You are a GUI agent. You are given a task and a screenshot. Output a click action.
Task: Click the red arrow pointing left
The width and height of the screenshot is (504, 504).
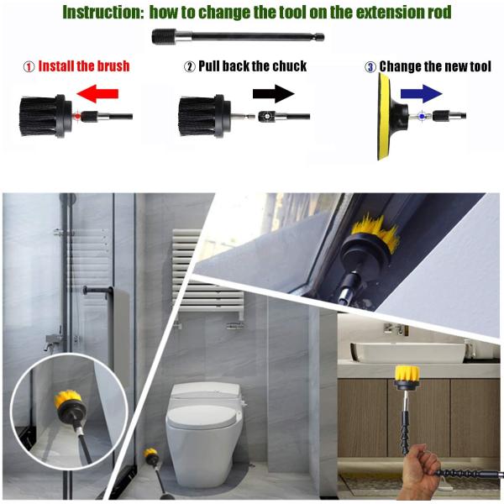[97, 93]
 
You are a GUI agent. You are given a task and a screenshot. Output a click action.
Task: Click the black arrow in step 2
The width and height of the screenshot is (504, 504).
[273, 93]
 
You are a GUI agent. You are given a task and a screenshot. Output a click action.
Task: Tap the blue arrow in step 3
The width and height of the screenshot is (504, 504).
[421, 93]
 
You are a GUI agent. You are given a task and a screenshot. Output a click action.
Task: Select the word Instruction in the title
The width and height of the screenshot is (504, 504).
[102, 13]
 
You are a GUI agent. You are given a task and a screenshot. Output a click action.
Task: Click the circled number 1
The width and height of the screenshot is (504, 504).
[29, 67]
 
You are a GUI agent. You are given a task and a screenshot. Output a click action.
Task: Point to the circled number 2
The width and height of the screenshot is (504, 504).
[190, 67]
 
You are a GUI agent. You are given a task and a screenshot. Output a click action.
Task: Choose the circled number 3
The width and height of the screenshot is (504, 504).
[370, 67]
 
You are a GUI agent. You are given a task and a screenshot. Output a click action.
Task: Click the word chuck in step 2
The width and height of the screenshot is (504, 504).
[290, 66]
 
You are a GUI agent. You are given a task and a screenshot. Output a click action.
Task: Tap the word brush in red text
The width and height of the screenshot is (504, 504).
[113, 66]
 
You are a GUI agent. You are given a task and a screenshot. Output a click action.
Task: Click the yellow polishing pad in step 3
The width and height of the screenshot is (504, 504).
[384, 117]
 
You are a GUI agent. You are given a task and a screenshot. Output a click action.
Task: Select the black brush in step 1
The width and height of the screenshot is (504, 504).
[45, 116]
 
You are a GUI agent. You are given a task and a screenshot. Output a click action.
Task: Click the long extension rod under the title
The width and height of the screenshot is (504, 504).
[238, 37]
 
